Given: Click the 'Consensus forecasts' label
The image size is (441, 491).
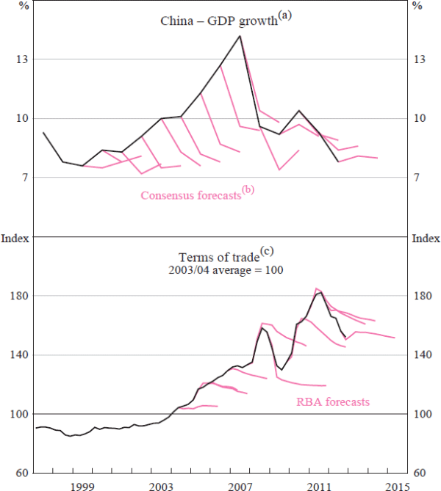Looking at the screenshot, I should point(190,195).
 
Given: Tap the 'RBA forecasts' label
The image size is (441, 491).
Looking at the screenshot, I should point(333,401).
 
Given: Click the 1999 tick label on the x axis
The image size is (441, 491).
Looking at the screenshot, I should point(82,485).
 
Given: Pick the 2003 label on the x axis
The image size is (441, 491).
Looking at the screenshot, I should point(162,485).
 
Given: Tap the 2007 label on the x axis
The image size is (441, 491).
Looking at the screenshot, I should point(240,485).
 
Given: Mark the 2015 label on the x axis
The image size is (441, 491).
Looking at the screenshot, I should point(398,485).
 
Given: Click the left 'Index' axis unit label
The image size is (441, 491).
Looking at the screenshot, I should point(14,238).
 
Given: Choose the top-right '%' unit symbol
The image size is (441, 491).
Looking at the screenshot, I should point(417,7).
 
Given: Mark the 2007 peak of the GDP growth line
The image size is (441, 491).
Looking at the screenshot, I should point(240,36).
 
